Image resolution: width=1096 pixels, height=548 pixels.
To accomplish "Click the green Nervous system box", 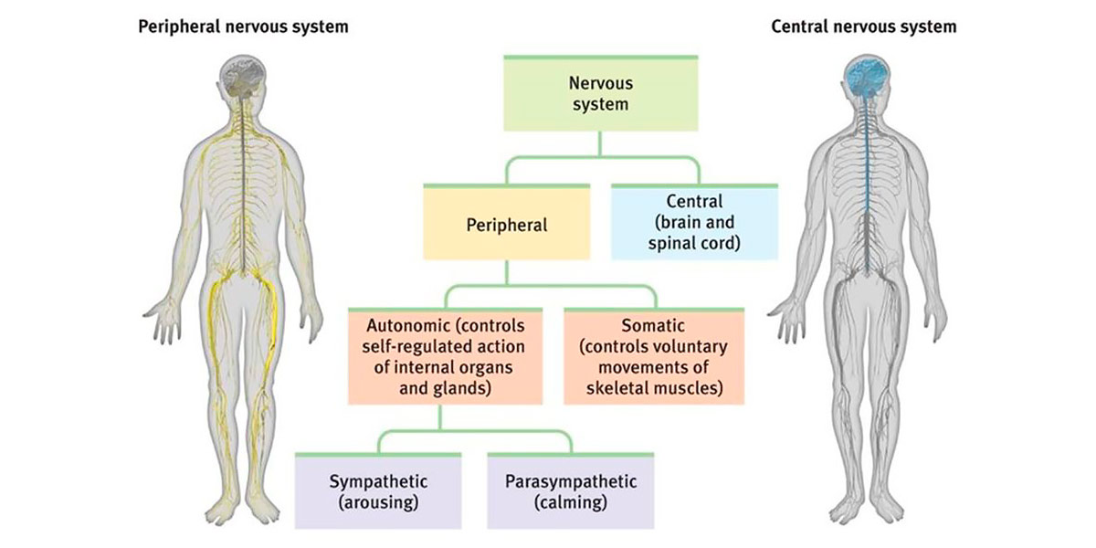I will tap(600, 94).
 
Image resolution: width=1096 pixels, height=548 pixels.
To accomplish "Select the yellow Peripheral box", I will tap(506, 224).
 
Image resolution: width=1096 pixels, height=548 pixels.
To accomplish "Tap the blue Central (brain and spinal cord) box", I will tap(694, 224).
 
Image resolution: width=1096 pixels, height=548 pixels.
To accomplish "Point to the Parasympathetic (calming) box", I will tap(570, 492).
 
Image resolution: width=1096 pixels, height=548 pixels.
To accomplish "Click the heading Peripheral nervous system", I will tap(242, 26).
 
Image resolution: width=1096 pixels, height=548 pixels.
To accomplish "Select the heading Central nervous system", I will tap(864, 26).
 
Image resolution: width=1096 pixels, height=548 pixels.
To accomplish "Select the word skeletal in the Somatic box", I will tap(620, 388).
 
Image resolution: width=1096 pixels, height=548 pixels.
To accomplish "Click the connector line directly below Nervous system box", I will tap(600, 144).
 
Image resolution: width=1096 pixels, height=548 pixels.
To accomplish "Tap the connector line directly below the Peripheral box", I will tap(506, 274).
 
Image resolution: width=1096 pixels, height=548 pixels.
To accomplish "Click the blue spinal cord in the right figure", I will tap(863, 183).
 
